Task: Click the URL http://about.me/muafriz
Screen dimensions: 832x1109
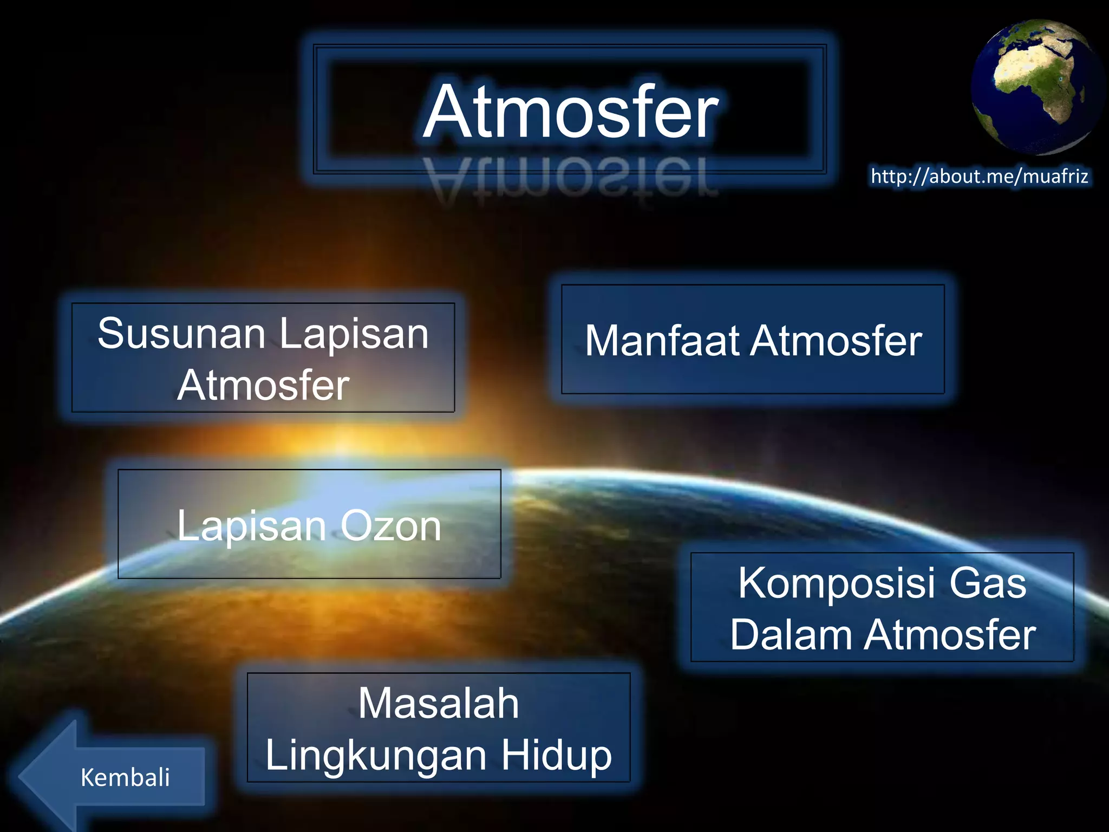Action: click(x=979, y=177)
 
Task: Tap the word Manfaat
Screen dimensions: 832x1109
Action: click(x=662, y=341)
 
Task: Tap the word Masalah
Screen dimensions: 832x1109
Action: click(x=439, y=704)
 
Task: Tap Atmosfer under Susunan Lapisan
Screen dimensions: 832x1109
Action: click(x=263, y=386)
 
